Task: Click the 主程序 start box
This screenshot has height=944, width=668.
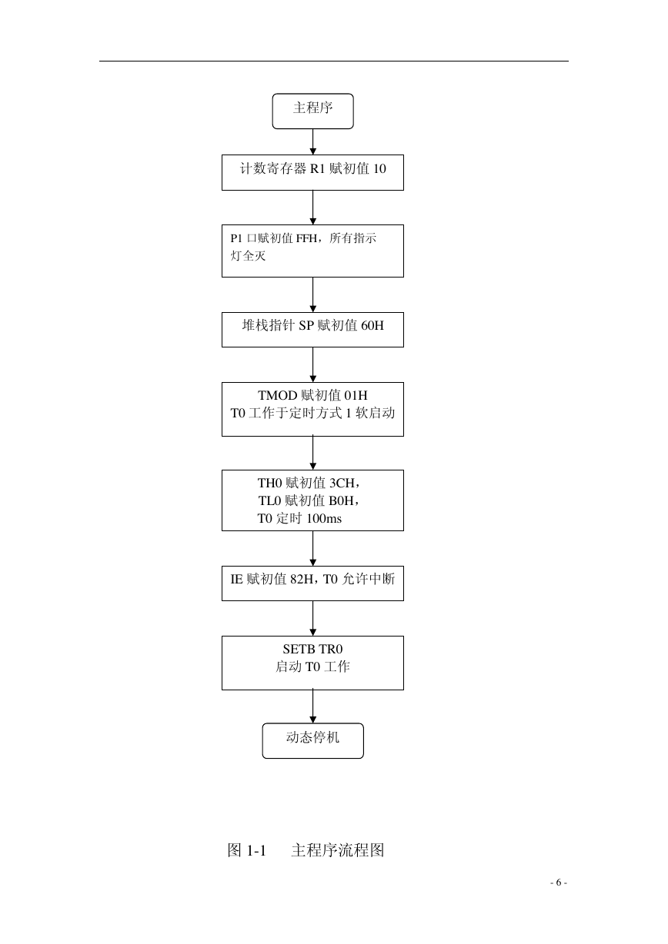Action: (x=312, y=111)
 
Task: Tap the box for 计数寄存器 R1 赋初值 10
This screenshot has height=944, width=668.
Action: (x=312, y=172)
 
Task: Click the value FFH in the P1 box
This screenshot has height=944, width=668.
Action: (x=306, y=238)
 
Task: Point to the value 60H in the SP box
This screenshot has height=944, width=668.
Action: (x=372, y=326)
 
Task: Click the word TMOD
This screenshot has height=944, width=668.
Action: (x=278, y=395)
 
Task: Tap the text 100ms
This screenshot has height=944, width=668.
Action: (x=324, y=518)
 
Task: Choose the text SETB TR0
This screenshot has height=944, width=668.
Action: (x=312, y=649)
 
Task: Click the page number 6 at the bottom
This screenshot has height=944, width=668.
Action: (x=558, y=883)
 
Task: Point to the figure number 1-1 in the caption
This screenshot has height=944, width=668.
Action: (x=256, y=850)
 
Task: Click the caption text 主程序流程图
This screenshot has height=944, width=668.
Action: (x=338, y=850)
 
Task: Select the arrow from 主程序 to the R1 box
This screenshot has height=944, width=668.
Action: (x=312, y=141)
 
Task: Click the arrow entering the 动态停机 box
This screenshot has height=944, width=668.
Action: (x=312, y=706)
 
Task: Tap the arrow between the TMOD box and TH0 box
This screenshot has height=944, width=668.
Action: (x=312, y=453)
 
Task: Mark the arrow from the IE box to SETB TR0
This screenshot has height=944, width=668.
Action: (x=312, y=618)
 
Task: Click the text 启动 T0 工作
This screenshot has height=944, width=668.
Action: (x=312, y=666)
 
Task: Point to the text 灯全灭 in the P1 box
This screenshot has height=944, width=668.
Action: (x=248, y=256)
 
